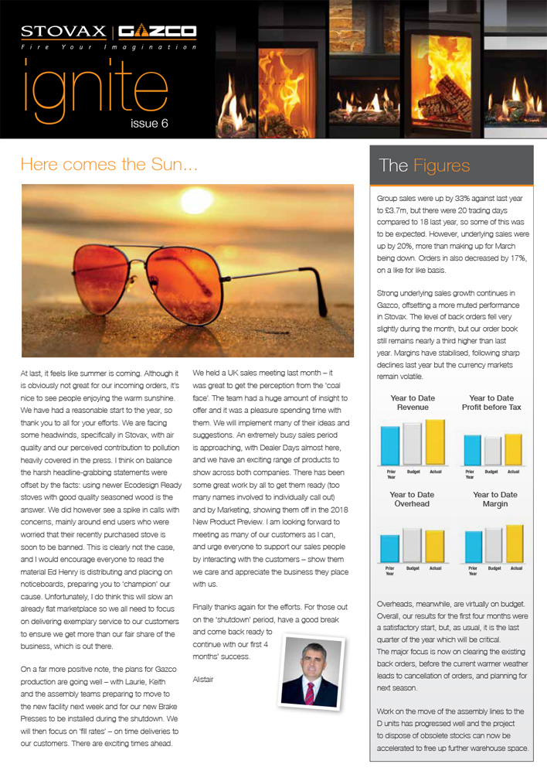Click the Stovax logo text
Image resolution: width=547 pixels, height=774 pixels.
64,32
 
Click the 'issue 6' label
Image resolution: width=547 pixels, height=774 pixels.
148,123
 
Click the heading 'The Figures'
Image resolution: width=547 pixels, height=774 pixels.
424,165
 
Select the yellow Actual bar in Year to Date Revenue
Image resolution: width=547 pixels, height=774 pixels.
435,442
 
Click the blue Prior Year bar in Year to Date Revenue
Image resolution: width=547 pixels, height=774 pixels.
390,446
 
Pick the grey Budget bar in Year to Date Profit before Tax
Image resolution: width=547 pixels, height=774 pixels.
491,451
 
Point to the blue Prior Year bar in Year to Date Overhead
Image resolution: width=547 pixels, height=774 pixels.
390,548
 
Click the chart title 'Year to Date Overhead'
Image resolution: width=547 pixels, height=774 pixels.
412,499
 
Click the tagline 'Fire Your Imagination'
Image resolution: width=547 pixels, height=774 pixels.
108,47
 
